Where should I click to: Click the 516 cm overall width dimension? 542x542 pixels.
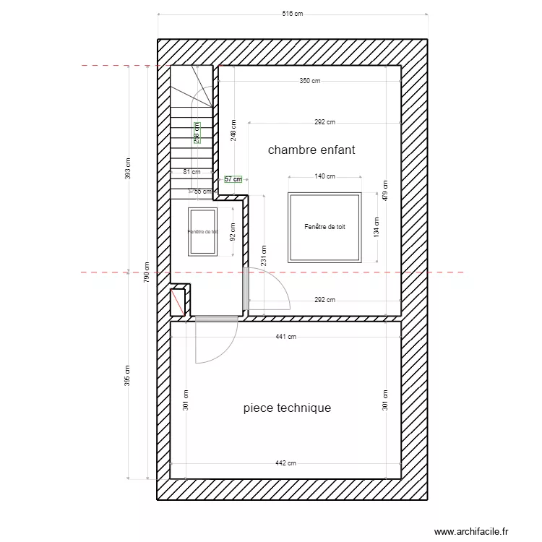293,14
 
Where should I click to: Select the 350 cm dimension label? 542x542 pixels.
309,81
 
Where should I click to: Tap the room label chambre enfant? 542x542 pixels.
311,150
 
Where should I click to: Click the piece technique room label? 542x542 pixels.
287,408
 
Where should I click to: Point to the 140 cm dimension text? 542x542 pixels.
324,176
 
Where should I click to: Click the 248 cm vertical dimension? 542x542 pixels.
233,130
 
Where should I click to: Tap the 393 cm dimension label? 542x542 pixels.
128,168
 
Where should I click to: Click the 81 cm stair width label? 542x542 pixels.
192,172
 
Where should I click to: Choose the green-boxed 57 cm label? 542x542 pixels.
233,178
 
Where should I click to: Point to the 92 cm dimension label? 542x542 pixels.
233,231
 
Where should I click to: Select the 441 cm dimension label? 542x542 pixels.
286,336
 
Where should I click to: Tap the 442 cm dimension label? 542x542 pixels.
286,463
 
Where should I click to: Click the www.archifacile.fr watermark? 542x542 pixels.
481,530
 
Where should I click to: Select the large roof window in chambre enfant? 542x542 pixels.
324,227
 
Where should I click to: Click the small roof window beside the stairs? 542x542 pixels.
202,231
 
